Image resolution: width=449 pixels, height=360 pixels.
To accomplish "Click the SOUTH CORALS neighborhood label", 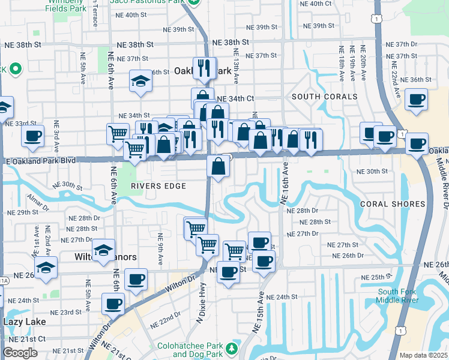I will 324,97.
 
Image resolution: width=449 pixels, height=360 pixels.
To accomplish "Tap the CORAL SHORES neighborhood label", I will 393,204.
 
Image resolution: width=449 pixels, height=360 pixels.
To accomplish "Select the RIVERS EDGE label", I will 158,186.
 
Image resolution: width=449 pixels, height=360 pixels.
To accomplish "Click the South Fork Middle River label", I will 396,296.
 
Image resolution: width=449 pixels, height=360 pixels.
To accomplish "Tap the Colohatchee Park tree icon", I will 231,347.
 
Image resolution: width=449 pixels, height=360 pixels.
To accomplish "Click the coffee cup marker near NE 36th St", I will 416,100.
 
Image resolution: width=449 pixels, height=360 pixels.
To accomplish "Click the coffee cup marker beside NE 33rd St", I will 32,135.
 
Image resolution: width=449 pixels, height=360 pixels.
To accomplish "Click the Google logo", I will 20,353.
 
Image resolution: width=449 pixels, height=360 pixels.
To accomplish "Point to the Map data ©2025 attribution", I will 424,355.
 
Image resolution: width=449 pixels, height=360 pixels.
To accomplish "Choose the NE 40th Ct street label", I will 319,4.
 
